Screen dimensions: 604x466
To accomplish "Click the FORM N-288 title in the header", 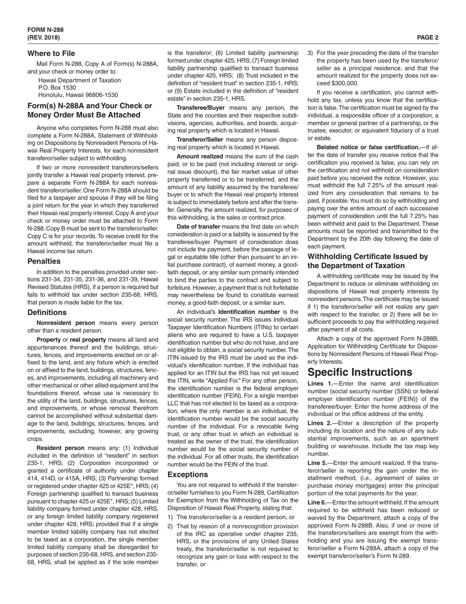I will click(x=45, y=29).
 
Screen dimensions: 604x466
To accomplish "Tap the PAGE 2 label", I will click(x=428, y=37).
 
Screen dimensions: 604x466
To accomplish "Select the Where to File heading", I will click(x=52, y=53).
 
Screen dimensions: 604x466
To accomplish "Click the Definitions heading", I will click(x=47, y=312).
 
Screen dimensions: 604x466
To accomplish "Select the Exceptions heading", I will click(x=188, y=475).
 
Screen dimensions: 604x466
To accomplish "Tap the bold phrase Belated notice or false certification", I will click(x=367, y=147).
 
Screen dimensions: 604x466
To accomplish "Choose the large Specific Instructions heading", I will click(x=360, y=372).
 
